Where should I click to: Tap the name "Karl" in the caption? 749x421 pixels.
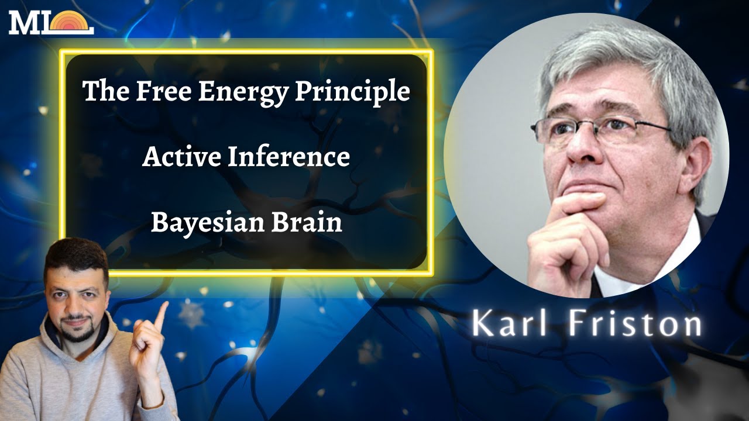pyautogui.click(x=507, y=323)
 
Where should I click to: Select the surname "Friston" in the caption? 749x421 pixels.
pyautogui.click(x=634, y=323)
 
